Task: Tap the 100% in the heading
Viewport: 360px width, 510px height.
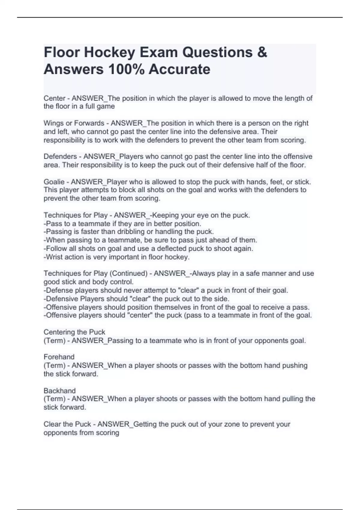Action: tap(126, 70)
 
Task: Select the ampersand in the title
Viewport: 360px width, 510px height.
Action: tap(262, 52)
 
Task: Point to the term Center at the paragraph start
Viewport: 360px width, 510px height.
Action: tap(54, 98)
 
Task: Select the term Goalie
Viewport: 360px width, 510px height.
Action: tap(54, 182)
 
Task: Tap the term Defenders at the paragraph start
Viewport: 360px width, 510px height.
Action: tap(60, 157)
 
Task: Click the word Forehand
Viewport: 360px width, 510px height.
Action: tap(59, 357)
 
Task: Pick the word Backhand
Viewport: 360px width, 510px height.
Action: tap(59, 391)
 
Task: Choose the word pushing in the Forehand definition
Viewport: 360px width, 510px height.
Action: tap(295, 366)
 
